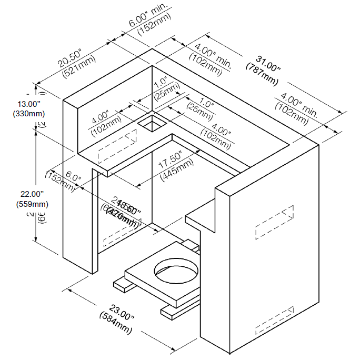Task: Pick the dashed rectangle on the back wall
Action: click(x=117, y=148)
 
